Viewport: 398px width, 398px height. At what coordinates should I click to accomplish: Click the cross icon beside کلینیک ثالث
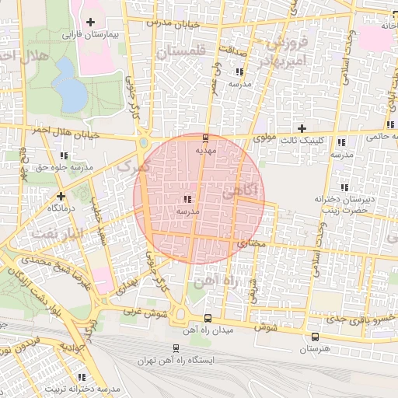pyautogui.click(x=302, y=128)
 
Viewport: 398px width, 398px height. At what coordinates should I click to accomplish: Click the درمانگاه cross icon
pyautogui.click(x=61, y=196)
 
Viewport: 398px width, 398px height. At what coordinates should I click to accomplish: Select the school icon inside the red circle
pyautogui.click(x=187, y=198)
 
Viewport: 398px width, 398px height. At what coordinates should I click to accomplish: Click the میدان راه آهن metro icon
pyautogui.click(x=206, y=318)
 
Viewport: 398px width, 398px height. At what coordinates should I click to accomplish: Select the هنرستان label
pyautogui.click(x=314, y=350)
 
